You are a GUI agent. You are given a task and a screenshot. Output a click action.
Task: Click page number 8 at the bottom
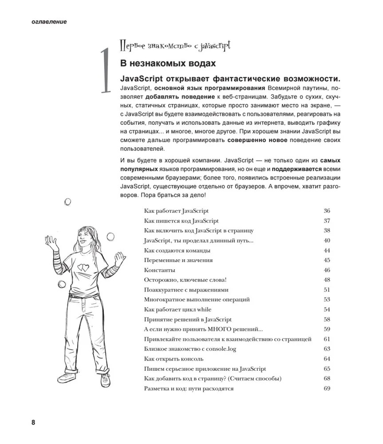click(33, 422)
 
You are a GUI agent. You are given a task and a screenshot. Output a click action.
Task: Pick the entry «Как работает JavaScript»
click(176, 211)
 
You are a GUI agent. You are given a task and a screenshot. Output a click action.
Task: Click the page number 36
click(327, 211)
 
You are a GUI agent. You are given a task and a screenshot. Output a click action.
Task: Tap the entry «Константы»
click(160, 270)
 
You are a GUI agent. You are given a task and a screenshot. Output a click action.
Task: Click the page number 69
click(327, 388)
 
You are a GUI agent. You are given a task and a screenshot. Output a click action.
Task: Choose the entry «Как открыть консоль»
click(174, 359)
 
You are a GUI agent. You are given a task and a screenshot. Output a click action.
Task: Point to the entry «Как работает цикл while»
click(178, 309)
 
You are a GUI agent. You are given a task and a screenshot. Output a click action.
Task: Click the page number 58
click(327, 319)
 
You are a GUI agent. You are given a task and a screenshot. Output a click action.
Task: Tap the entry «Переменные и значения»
click(178, 260)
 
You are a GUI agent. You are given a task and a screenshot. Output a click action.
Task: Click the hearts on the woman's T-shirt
click(82, 267)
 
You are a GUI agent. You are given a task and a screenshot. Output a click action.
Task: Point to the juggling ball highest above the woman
click(68, 202)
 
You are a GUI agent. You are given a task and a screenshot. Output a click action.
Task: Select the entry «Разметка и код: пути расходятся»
click(189, 388)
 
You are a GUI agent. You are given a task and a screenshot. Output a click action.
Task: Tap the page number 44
click(327, 250)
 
